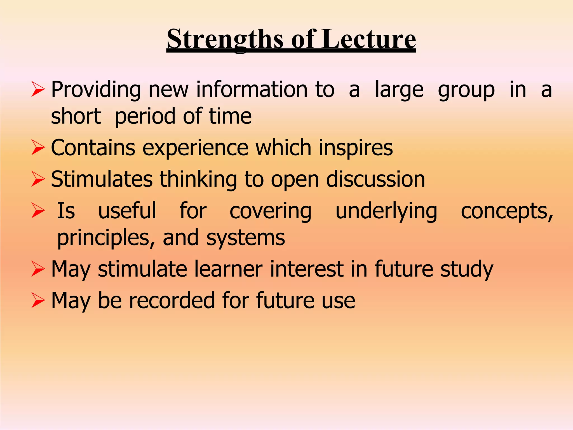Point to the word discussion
[x=375, y=179]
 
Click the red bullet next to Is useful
[x=38, y=211]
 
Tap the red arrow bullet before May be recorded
[x=38, y=300]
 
